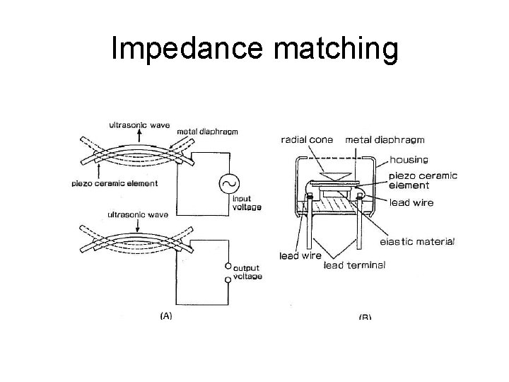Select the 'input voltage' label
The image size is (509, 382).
coord(247,203)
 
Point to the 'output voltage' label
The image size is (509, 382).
coord(247,272)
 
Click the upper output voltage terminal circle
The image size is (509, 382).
coord(228,266)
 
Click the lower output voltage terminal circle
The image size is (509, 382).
coord(228,281)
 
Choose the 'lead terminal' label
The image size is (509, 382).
coord(354,266)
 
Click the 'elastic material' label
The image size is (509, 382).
coord(418,241)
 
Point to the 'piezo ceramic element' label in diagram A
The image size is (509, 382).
coord(124,184)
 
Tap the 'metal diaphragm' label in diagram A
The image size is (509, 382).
coord(207,131)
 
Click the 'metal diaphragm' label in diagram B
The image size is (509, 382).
coord(382,139)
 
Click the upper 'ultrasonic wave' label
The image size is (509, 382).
coord(139,125)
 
